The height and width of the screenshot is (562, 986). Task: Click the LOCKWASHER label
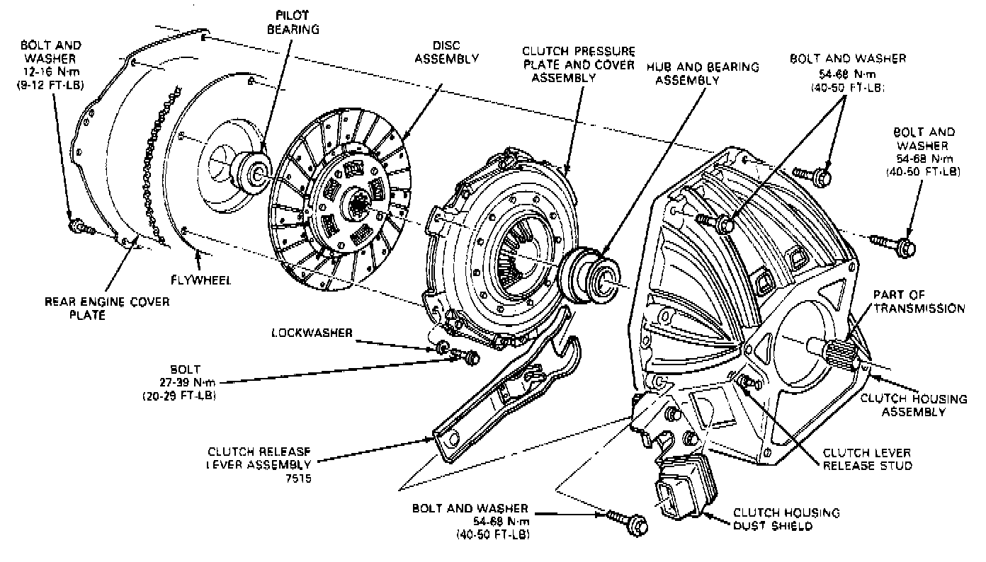312,333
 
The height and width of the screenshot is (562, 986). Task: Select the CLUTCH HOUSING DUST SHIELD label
786,519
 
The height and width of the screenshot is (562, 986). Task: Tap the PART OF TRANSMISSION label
918,302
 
